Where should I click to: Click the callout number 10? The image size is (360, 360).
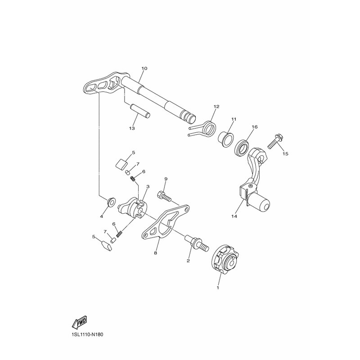click(x=144, y=69)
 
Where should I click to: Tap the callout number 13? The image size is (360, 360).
click(x=132, y=128)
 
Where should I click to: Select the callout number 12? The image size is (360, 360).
click(x=216, y=107)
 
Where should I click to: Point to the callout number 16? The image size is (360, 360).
click(x=254, y=127)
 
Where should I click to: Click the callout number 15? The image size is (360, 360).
click(x=285, y=153)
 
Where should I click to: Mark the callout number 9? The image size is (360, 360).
click(x=166, y=179)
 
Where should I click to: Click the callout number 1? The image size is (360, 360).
click(x=218, y=287)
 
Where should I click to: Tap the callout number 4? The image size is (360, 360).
click(x=101, y=216)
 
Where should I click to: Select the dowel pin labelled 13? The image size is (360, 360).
click(x=140, y=111)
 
